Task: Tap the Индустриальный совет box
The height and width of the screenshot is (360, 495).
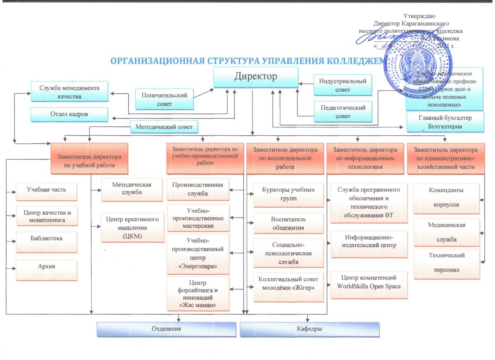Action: coord(340,85)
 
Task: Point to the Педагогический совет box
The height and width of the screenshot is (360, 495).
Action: coord(340,111)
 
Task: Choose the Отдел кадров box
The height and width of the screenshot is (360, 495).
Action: coord(69,114)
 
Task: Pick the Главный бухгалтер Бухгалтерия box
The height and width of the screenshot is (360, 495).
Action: coord(445,123)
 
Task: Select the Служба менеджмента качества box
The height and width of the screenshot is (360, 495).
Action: coord(69,92)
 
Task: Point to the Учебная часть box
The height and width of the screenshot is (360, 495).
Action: coord(46,190)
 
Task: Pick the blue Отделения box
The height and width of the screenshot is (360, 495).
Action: coord(166,329)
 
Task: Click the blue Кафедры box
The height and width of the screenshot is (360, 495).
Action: coord(309,329)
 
